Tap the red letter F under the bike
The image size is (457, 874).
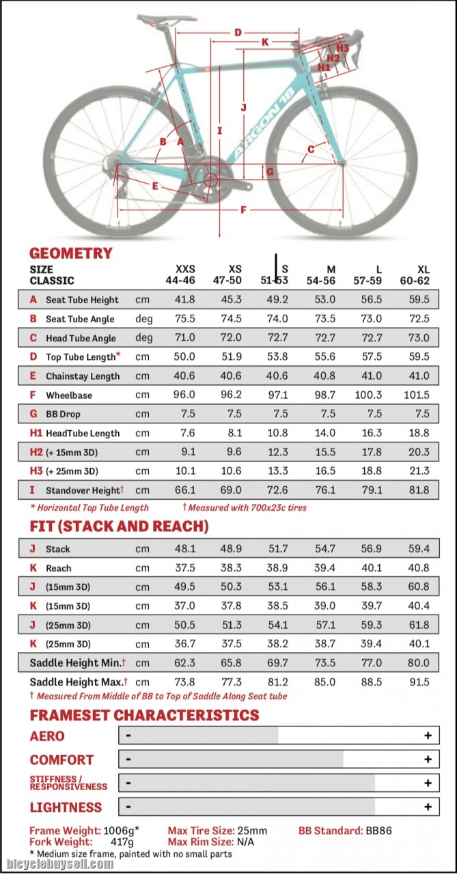[x=243, y=210]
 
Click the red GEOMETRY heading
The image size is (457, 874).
[x=71, y=253]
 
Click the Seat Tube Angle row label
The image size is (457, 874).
[x=80, y=319]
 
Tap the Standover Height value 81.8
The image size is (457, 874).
[x=419, y=490]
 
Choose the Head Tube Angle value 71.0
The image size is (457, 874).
[x=184, y=338]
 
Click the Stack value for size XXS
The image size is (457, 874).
[x=184, y=549]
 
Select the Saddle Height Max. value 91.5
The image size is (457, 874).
[x=419, y=682]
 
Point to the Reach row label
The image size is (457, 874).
[x=58, y=568]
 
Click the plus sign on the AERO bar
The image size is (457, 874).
[x=428, y=735]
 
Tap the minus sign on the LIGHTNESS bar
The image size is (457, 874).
[x=128, y=806]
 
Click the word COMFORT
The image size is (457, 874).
[x=61, y=760]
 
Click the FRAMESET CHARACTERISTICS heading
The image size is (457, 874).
[x=144, y=715]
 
